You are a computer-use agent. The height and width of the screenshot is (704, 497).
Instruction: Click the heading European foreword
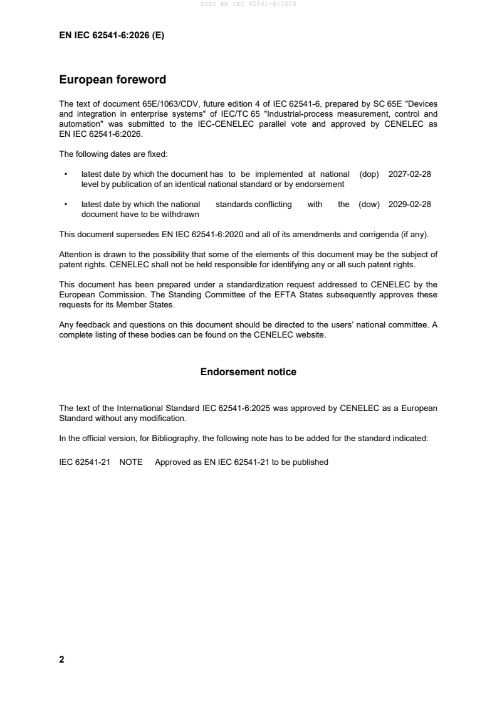(x=112, y=80)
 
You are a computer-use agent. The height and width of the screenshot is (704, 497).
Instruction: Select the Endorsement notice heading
(x=248, y=372)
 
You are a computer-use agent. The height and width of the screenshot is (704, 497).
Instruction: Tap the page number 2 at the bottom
(x=61, y=659)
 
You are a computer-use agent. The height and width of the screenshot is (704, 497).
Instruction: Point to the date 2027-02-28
(x=409, y=174)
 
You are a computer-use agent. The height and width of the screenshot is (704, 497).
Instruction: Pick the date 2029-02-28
(x=409, y=204)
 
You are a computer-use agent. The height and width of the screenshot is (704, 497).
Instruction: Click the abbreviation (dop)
(x=369, y=174)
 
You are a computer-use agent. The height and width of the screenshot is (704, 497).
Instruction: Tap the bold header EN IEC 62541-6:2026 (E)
(x=112, y=36)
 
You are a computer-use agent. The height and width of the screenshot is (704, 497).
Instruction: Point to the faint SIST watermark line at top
(x=248, y=4)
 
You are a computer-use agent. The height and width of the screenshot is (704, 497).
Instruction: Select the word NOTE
(x=130, y=462)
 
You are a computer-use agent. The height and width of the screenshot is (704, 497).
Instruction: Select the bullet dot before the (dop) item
(x=65, y=174)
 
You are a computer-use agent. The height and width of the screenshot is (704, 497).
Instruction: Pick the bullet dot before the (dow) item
(x=65, y=204)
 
